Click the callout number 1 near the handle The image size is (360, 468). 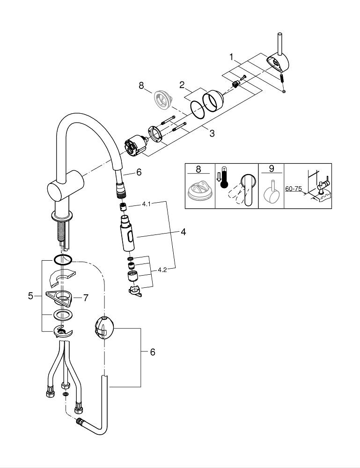click(x=231, y=57)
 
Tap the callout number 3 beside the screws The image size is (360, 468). click(x=212, y=133)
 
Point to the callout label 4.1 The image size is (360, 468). click(x=147, y=204)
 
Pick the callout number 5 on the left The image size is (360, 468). click(x=31, y=296)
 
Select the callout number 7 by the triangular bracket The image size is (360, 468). click(x=85, y=297)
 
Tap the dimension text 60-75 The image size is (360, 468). click(x=294, y=188)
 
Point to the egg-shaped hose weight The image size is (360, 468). click(x=103, y=327)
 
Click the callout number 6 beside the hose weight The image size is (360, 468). click(x=152, y=352)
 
